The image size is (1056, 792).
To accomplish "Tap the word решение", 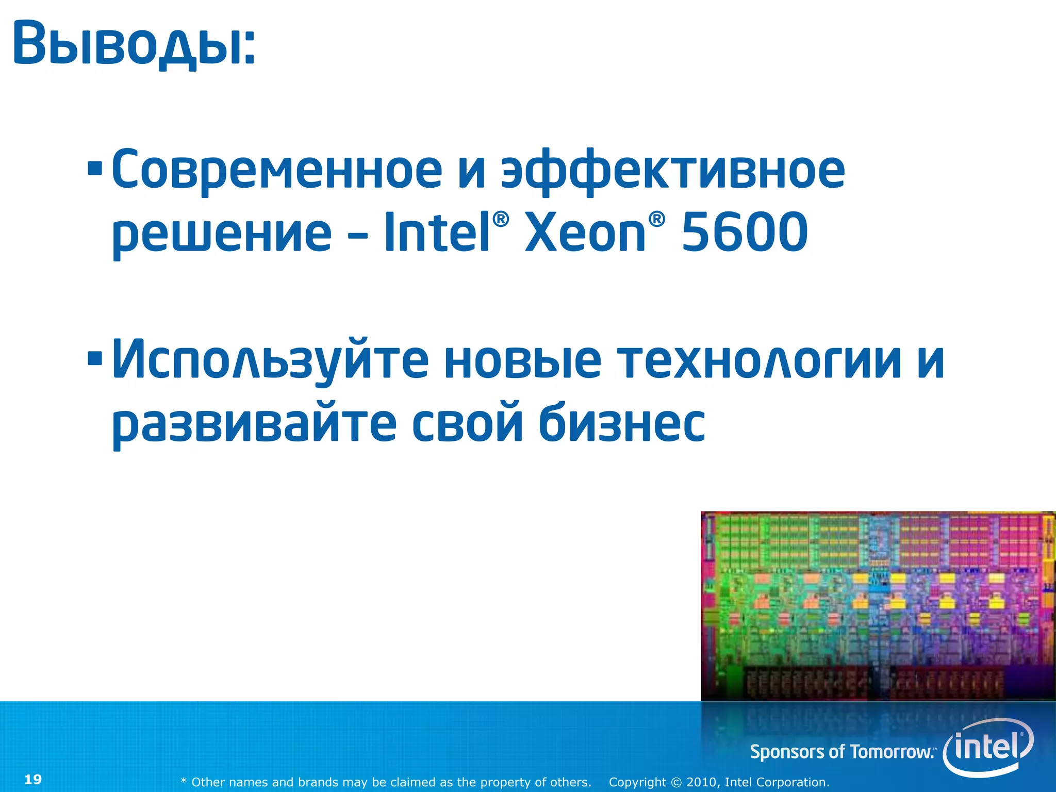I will click(x=222, y=234).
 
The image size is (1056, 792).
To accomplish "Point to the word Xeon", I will click(x=585, y=234).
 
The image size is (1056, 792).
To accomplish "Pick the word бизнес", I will click(x=622, y=423).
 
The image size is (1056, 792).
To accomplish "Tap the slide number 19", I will click(x=33, y=779).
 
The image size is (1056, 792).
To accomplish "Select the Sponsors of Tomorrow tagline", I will click(x=842, y=752).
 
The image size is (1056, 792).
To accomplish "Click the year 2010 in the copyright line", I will click(x=701, y=782).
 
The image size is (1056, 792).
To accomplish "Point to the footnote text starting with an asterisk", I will click(x=386, y=782).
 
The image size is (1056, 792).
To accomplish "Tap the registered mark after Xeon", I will click(x=656, y=219).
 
